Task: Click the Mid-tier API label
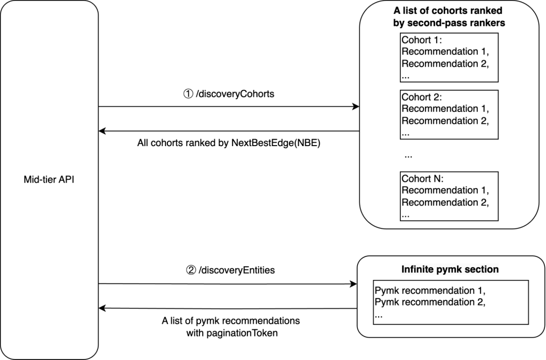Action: (x=50, y=180)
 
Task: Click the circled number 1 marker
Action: (x=188, y=94)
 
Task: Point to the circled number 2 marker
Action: (x=190, y=270)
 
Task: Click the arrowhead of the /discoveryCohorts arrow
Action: (x=356, y=107)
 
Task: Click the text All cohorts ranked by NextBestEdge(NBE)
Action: (x=229, y=144)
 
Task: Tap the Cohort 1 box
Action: (x=448, y=58)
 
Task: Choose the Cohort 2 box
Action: (x=448, y=115)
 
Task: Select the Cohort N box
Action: (x=448, y=196)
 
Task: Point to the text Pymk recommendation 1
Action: (x=430, y=291)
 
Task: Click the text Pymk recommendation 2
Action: (x=430, y=303)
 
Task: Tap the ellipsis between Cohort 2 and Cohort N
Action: (x=408, y=157)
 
